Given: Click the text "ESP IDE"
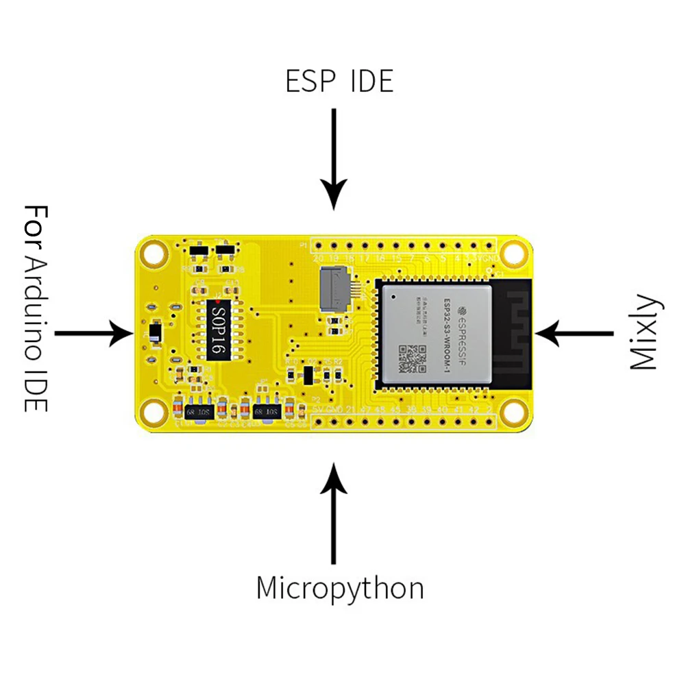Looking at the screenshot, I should pos(339,81).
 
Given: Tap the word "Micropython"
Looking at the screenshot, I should pos(340,589).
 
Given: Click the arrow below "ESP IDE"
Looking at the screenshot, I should pos(334,159).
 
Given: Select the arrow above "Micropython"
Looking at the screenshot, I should pos(334,513).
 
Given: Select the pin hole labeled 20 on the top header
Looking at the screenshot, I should pos(318,246).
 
